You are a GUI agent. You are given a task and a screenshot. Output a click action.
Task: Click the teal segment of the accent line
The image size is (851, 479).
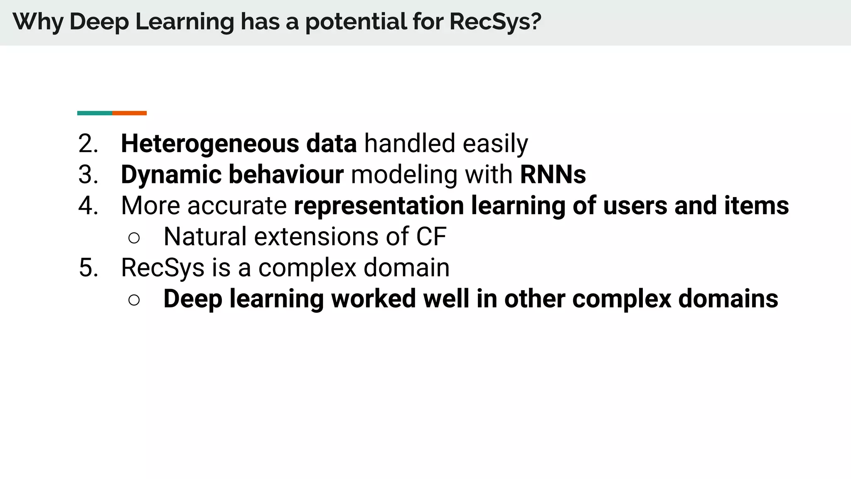tap(95, 113)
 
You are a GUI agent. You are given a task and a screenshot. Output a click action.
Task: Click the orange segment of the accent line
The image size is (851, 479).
tap(129, 113)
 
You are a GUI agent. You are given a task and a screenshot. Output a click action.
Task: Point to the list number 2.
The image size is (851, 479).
tap(88, 144)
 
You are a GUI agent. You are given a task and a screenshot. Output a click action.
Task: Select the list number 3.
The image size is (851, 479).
tap(88, 175)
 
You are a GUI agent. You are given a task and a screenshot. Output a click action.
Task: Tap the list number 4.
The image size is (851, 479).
tap(88, 206)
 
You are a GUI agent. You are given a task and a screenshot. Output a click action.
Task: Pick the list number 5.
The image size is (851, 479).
tap(88, 267)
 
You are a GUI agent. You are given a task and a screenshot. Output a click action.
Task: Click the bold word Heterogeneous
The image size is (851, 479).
tap(210, 144)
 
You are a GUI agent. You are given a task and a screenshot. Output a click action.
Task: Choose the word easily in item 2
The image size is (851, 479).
tap(495, 144)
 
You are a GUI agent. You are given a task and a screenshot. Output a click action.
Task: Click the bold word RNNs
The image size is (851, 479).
tap(553, 175)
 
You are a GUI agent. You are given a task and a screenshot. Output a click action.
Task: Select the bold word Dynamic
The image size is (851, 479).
tap(171, 175)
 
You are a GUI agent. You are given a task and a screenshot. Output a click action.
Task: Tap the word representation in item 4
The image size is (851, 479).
tap(379, 206)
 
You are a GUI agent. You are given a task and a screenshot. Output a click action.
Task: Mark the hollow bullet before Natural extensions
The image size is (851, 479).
tap(134, 238)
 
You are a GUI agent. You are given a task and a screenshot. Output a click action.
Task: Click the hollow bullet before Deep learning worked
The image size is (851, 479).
tap(134, 300)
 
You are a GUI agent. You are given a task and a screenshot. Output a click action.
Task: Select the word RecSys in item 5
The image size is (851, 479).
tap(162, 267)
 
